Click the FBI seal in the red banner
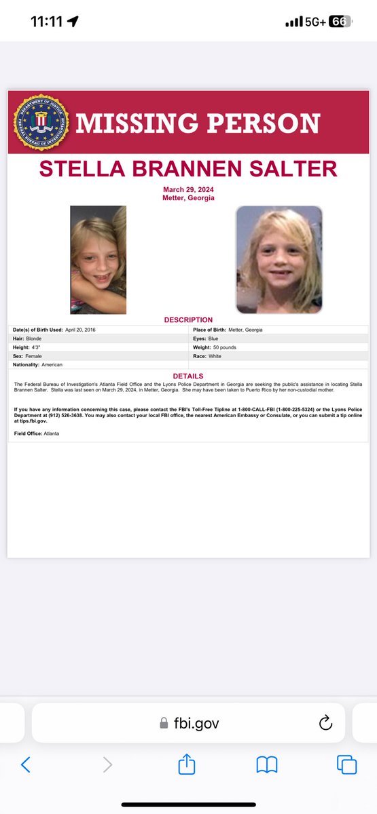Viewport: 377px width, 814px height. pyautogui.click(x=41, y=122)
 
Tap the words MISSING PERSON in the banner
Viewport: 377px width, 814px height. pyautogui.click(x=198, y=123)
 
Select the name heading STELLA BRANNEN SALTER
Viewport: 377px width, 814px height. pyautogui.click(x=188, y=169)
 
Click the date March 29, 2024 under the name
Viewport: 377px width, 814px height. pyautogui.click(x=188, y=189)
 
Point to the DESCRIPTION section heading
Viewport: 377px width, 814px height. pyautogui.click(x=188, y=319)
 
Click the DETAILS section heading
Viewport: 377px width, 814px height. pyautogui.click(x=188, y=376)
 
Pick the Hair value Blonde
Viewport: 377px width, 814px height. pyautogui.click(x=37, y=338)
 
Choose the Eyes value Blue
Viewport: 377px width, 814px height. pyautogui.click(x=213, y=338)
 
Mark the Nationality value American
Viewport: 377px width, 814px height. pyautogui.click(x=52, y=365)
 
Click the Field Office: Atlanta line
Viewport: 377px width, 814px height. pyautogui.click(x=36, y=433)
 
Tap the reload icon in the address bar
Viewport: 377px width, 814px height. pyautogui.click(x=325, y=723)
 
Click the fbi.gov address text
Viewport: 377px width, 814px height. pyautogui.click(x=197, y=723)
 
